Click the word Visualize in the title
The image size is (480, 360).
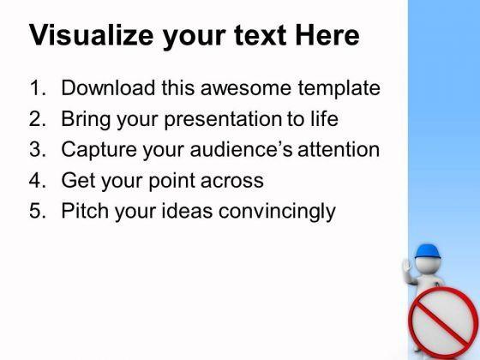pyautogui.click(x=91, y=35)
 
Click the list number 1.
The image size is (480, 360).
pyautogui.click(x=38, y=87)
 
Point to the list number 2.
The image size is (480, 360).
pyautogui.click(x=38, y=118)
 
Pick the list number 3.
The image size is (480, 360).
pyautogui.click(x=38, y=149)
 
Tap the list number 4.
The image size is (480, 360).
pyautogui.click(x=38, y=180)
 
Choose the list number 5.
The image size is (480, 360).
pyautogui.click(x=38, y=211)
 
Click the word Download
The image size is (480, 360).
pyautogui.click(x=108, y=87)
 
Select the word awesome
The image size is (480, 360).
pyautogui.click(x=246, y=88)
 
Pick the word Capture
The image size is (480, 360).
pyautogui.click(x=99, y=151)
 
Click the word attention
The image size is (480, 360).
pyautogui.click(x=339, y=150)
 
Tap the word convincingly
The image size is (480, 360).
pyautogui.click(x=277, y=212)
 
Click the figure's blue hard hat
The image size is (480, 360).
pyautogui.click(x=428, y=251)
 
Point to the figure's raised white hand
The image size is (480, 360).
pyautogui.click(x=407, y=267)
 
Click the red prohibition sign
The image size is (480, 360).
pyautogui.click(x=443, y=322)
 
